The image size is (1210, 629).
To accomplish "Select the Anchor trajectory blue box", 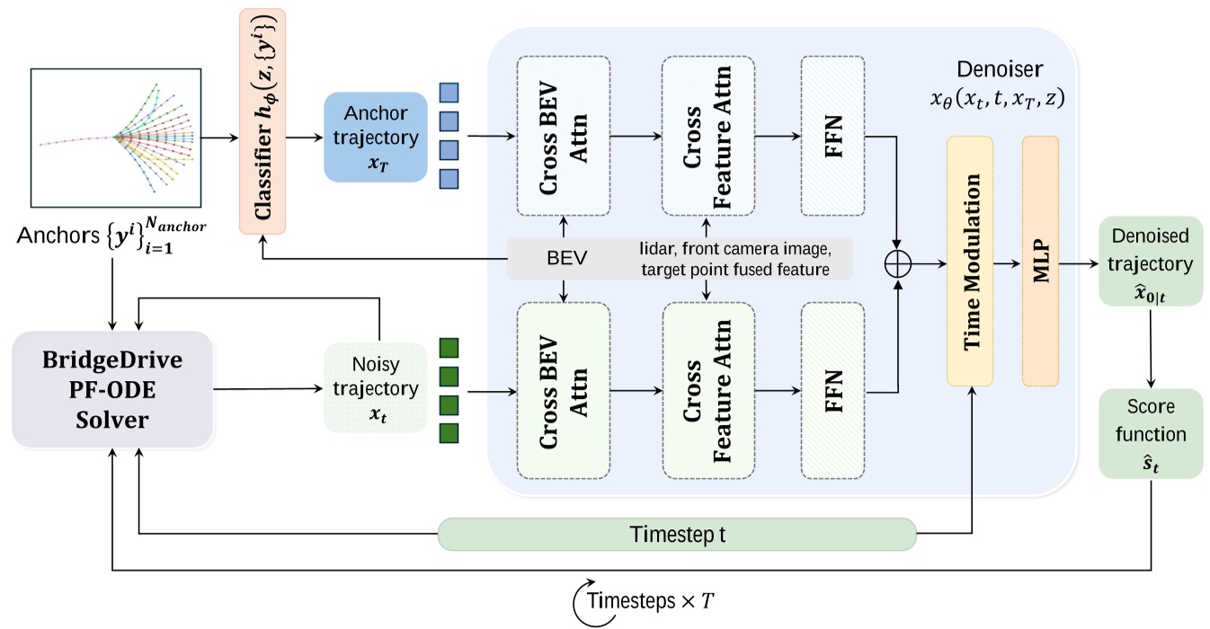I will tap(374, 137).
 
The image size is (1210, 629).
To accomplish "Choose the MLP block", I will tap(1040, 261).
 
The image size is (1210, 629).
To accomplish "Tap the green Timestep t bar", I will tap(676, 534).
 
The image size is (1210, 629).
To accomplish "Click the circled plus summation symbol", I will tap(898, 262).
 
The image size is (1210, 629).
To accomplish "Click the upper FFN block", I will tap(832, 136).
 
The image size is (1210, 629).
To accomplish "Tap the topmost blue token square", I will tap(449, 92).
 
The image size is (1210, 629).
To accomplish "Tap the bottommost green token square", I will tap(449, 433).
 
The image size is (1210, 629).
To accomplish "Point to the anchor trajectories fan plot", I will tap(114, 137).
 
